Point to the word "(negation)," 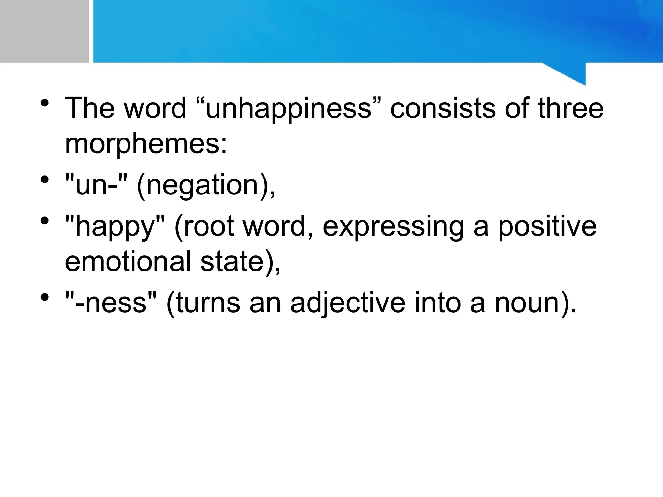[206, 186]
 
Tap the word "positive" [547, 226]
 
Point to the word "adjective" [348, 303]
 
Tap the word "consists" [443, 108]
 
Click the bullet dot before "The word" [45, 104]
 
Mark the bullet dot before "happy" [45, 221]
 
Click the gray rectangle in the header [44, 31]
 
